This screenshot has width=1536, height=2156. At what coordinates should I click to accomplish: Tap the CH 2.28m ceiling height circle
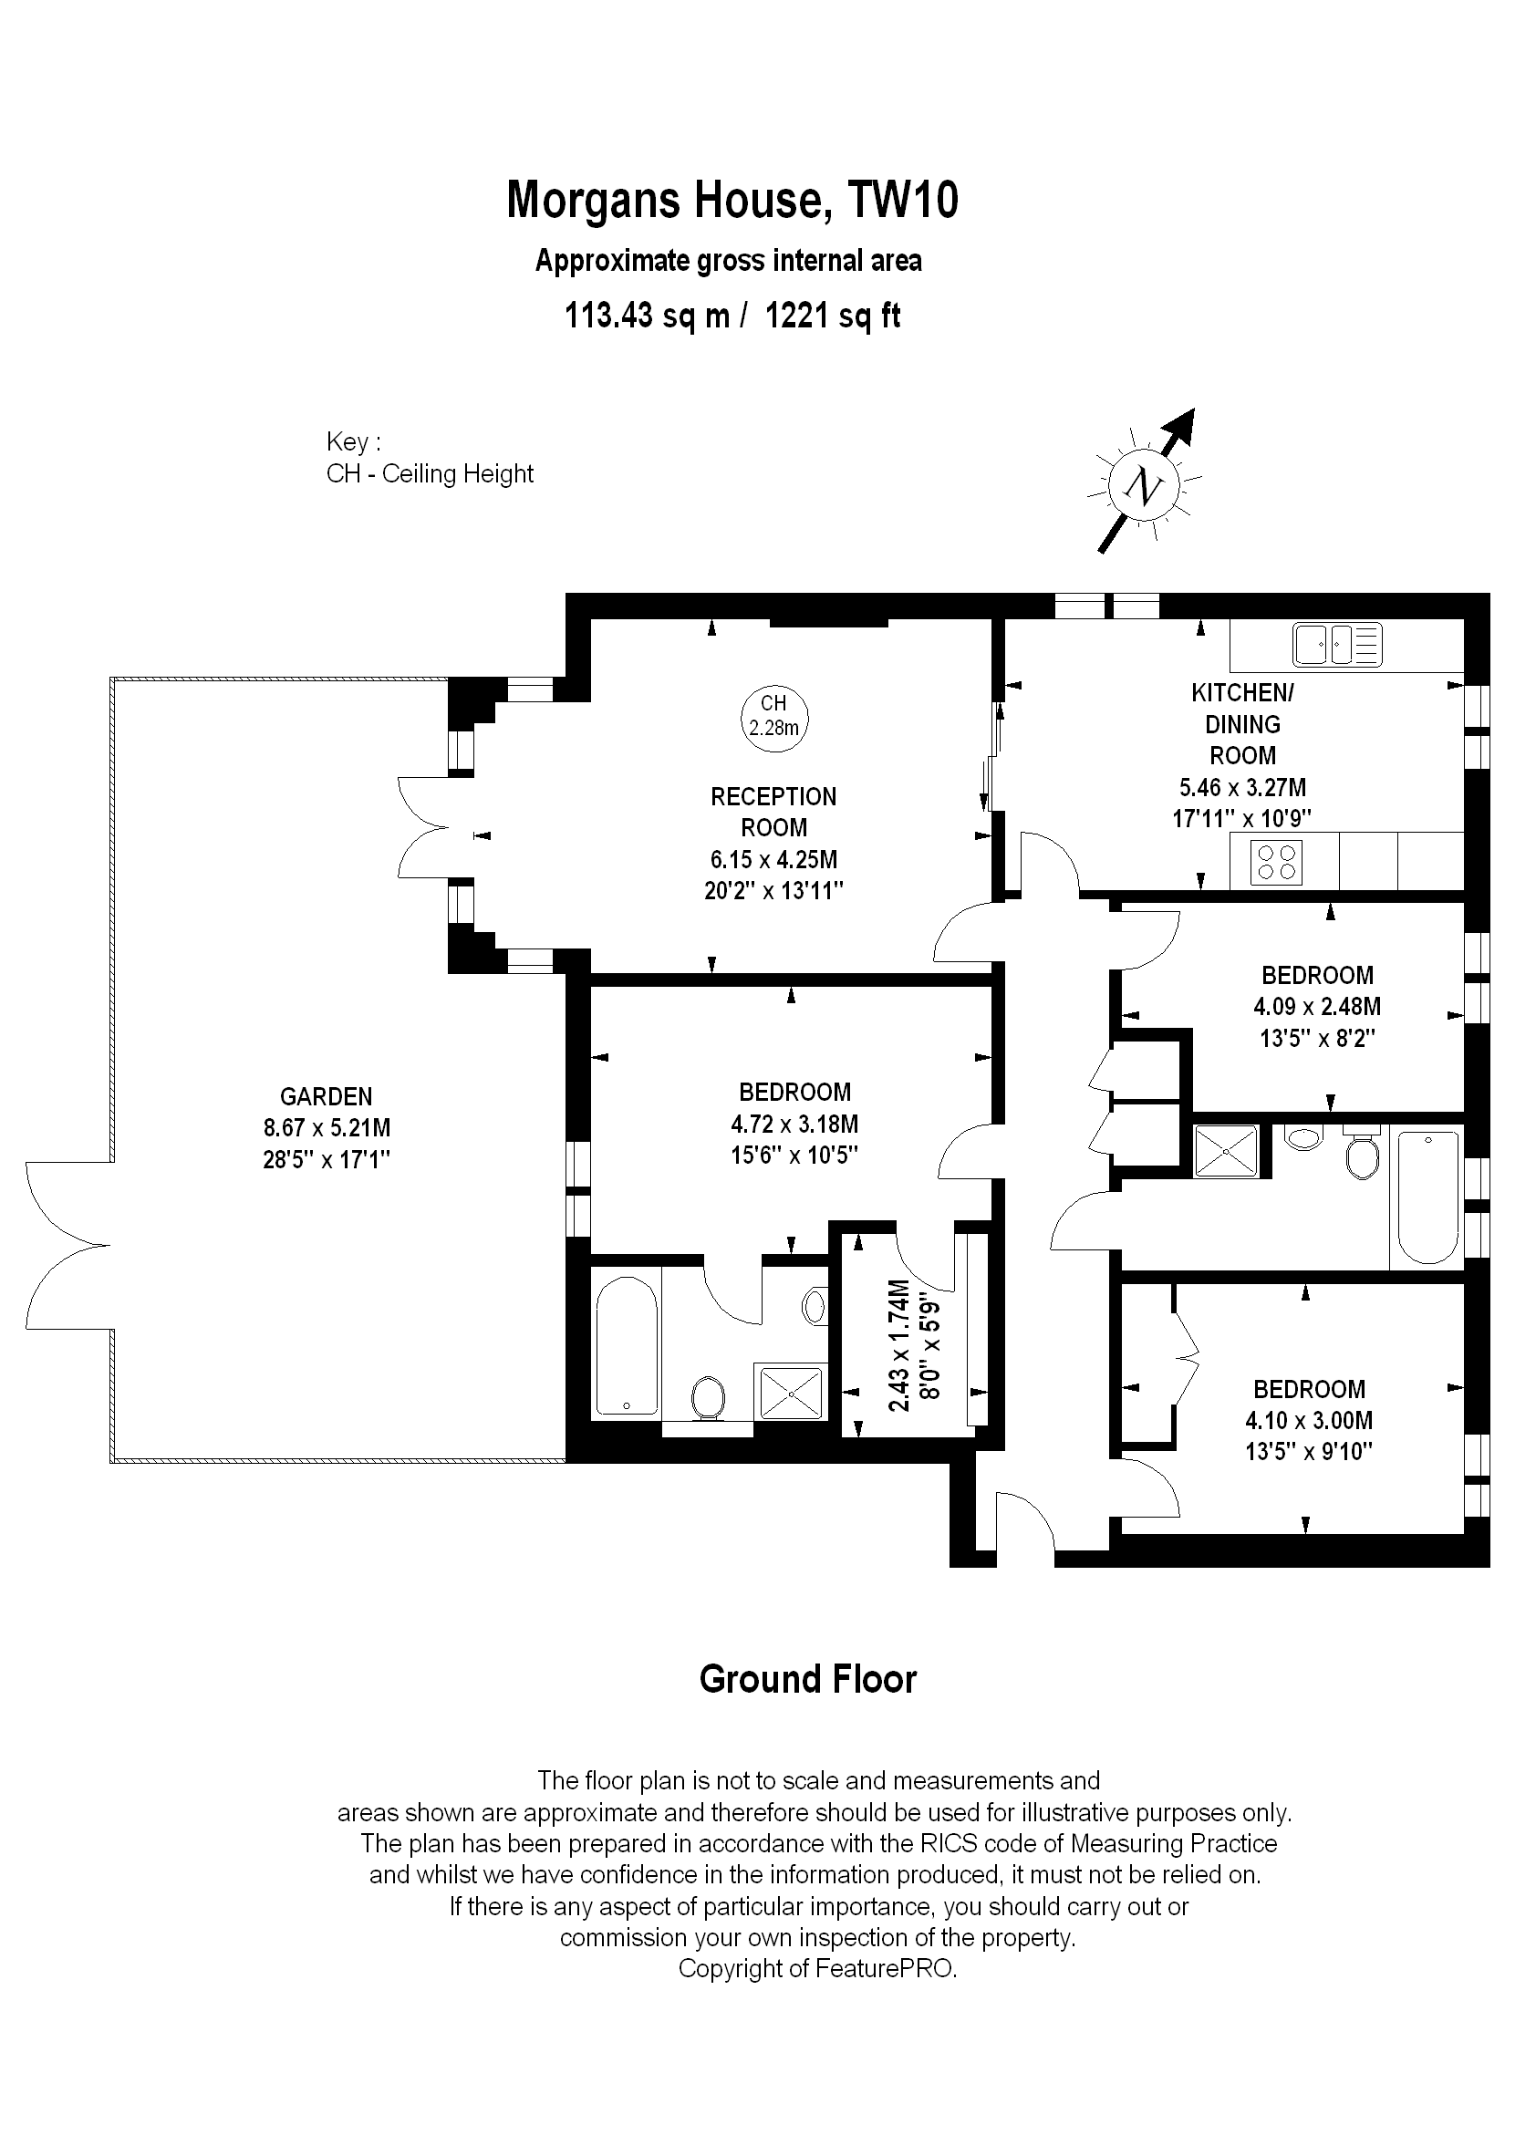coord(774,716)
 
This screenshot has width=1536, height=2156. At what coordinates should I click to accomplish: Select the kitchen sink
coord(1337,645)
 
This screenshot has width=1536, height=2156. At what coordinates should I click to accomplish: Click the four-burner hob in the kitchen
coord(1276,862)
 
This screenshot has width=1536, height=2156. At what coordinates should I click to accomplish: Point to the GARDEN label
coord(327,1097)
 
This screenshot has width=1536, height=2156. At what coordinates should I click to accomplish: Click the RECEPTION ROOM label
coord(773,812)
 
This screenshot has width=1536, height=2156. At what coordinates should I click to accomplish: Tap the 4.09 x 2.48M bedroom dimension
coord(1317,1006)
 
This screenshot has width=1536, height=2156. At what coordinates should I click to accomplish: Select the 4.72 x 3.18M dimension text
coord(794,1125)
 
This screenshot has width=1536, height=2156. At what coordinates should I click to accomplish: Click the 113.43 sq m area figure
coord(647,315)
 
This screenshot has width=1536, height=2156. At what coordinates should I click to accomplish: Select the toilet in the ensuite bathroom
coord(709,1397)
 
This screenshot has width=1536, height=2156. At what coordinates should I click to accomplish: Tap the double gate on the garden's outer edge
coord(68,1246)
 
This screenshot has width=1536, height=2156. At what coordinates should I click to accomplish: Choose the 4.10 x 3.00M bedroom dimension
coord(1309,1420)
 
